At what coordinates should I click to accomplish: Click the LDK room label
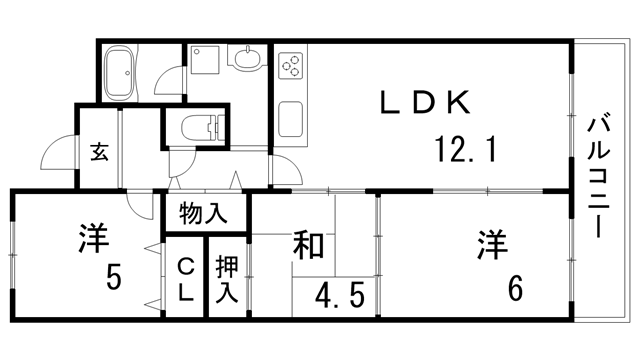point(424,103)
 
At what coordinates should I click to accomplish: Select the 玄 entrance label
point(100,152)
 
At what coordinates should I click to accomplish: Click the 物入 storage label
point(203,213)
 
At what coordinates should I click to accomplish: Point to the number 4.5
point(340,298)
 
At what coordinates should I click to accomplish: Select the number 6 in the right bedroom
point(515,290)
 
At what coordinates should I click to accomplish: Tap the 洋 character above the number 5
point(93,239)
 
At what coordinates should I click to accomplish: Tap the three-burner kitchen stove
point(291,69)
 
